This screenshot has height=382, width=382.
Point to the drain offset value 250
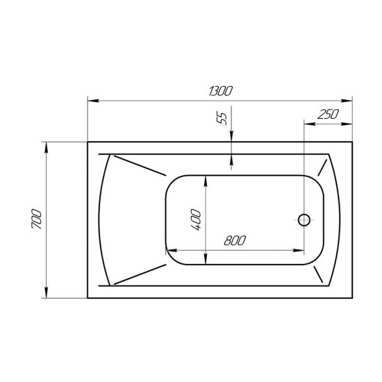pos(326,115)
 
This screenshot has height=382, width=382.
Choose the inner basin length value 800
pos(235,241)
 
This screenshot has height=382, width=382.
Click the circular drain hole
pos(304,220)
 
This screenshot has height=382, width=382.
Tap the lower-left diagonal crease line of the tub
pos(139,274)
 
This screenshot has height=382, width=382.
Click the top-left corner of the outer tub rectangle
pos(88,143)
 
